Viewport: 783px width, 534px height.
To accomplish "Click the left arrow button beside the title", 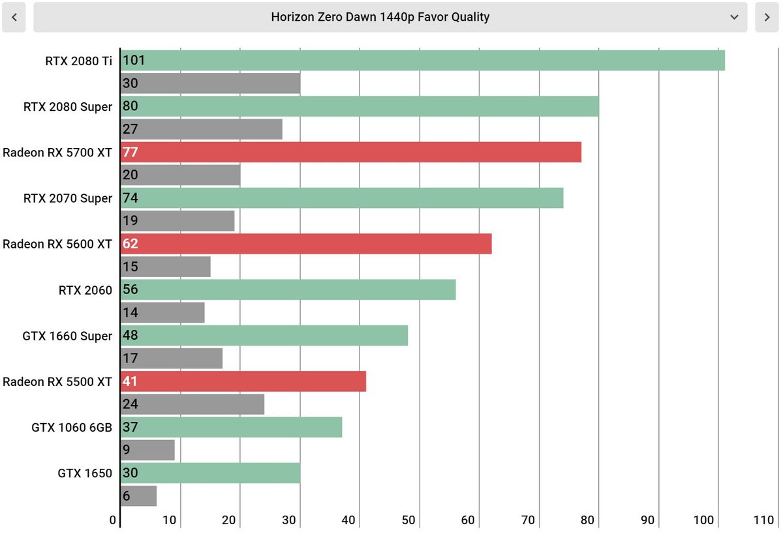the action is tap(14, 17).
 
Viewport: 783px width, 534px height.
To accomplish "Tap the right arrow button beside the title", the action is tap(767, 17).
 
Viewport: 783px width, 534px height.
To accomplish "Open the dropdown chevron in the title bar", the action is tap(734, 17).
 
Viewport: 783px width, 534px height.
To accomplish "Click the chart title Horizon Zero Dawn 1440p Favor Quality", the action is tap(380, 17).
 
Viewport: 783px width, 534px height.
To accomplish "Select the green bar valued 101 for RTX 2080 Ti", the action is tap(423, 61).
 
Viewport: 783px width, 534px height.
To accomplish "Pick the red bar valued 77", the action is tap(351, 152).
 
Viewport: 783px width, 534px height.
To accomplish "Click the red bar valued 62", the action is tap(306, 244).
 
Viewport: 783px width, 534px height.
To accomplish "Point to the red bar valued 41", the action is tap(243, 381).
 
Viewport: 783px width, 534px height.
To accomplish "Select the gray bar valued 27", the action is tap(202, 129).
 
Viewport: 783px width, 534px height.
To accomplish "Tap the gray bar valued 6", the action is tap(139, 496).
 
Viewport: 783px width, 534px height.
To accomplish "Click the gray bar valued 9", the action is tap(147, 450).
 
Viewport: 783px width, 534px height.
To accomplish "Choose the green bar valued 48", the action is tap(264, 335).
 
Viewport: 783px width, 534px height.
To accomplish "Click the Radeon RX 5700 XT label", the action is tap(57, 153).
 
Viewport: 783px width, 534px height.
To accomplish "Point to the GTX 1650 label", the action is tap(85, 473).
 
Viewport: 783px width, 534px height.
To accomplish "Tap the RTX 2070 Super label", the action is tap(68, 198).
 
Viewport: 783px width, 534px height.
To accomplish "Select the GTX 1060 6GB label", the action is tap(72, 428).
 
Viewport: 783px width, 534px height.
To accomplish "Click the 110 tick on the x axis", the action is tap(763, 520).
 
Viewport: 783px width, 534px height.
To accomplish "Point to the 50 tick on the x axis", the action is tap(408, 520).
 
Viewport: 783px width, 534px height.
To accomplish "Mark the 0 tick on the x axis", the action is tap(112, 520).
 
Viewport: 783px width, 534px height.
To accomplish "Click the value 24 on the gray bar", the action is tap(130, 404).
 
